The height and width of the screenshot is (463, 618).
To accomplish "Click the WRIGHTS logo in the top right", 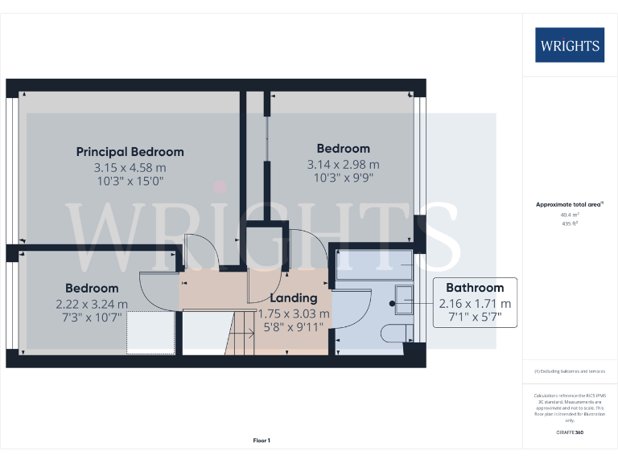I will pyautogui.click(x=570, y=45).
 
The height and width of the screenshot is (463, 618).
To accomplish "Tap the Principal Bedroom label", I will pyautogui.click(x=130, y=152).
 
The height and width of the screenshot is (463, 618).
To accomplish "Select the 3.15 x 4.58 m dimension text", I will pyautogui.click(x=130, y=167).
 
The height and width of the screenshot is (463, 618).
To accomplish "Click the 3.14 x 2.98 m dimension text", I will pyautogui.click(x=343, y=164).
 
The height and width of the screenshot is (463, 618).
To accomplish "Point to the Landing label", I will pyautogui.click(x=293, y=298).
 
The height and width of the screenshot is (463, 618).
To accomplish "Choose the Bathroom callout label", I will pyautogui.click(x=475, y=288).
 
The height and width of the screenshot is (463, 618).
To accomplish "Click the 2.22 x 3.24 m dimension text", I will pyautogui.click(x=92, y=304).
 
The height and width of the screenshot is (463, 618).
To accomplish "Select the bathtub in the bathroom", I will pyautogui.click(x=373, y=263).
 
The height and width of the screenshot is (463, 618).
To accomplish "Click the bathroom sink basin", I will pyautogui.click(x=403, y=303).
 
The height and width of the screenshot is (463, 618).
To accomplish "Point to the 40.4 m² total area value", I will pyautogui.click(x=570, y=215).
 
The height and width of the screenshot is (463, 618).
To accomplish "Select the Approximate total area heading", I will pyautogui.click(x=569, y=205).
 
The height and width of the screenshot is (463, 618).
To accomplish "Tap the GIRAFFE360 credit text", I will pyautogui.click(x=570, y=433).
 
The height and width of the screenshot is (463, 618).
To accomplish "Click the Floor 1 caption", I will pyautogui.click(x=262, y=440).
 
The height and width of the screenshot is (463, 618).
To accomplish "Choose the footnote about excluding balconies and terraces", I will pyautogui.click(x=570, y=371).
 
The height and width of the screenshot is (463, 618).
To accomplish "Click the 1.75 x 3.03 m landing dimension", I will pyautogui.click(x=294, y=313).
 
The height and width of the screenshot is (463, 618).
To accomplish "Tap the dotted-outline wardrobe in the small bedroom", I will pyautogui.click(x=151, y=333).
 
